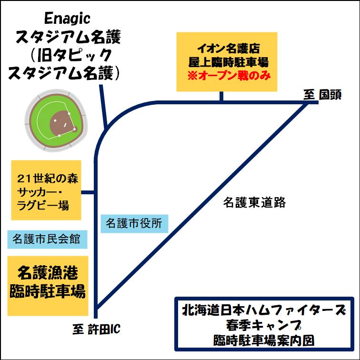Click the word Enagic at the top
(x=67, y=19)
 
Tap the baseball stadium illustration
(x=56, y=120)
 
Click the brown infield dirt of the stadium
(x=63, y=123)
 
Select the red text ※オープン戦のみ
(x=229, y=76)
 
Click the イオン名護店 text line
(x=229, y=49)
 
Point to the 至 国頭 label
(x=322, y=95)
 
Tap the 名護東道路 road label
(x=254, y=202)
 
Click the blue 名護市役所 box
(x=135, y=224)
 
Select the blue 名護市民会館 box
(x=47, y=239)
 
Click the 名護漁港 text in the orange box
(x=48, y=273)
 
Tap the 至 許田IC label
(x=96, y=329)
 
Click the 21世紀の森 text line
(x=48, y=179)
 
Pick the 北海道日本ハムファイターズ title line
(x=264, y=310)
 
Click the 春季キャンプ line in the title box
(x=264, y=326)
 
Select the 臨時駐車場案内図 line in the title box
(x=264, y=340)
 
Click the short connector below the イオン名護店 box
(x=221, y=96)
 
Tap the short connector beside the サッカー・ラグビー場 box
(x=88, y=192)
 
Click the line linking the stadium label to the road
(x=103, y=106)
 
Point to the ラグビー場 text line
(x=43, y=205)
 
